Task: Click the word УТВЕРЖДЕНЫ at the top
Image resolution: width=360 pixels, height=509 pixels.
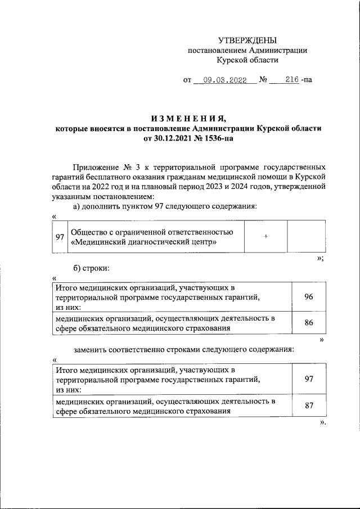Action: pos(247,40)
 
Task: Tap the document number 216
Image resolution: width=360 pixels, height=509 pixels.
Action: pos(291,80)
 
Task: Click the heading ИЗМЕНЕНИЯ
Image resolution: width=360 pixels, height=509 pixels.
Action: pos(188,118)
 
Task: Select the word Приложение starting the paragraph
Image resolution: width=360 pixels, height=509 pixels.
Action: pos(95,168)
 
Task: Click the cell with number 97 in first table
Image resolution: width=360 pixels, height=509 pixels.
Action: pos(59,237)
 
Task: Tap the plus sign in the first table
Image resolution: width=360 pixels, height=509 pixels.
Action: pos(265,237)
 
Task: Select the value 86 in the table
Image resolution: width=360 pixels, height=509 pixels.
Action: pos(308,323)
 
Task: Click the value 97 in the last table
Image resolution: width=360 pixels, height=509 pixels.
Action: pos(308,379)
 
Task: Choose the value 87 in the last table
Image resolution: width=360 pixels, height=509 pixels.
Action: pos(308,406)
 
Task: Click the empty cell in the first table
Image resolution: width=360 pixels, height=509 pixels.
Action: pos(306,237)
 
